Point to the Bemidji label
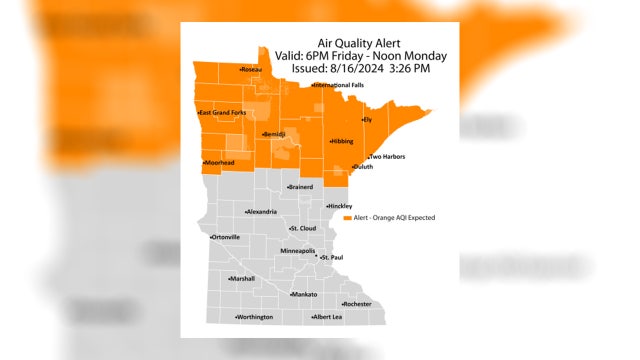(274, 134)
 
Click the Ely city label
(367, 119)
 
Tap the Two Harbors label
(387, 157)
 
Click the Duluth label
(363, 166)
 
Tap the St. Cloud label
(302, 228)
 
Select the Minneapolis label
(298, 250)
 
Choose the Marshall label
(242, 278)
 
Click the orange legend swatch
(347, 217)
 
